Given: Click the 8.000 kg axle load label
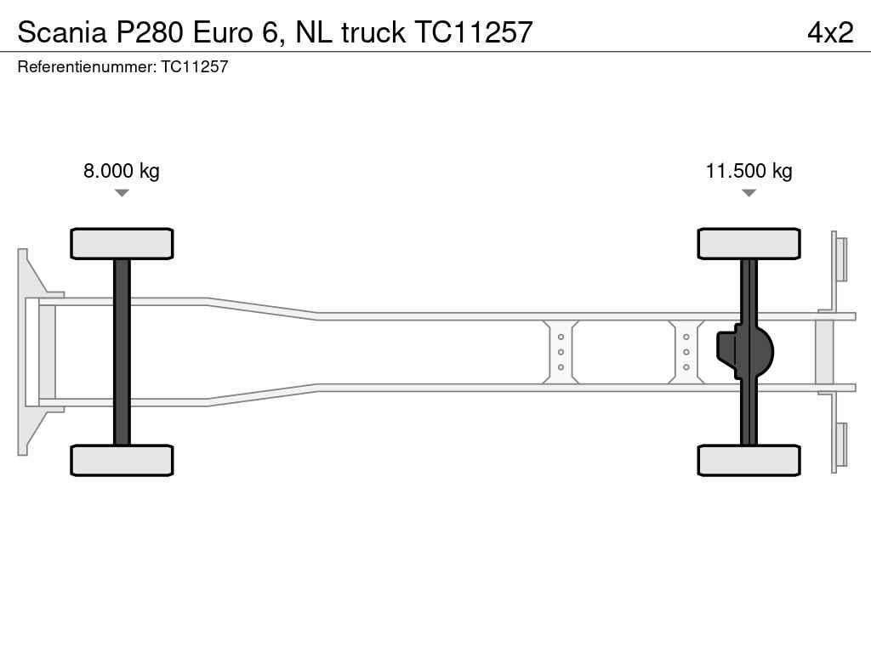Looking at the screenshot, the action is [121, 170].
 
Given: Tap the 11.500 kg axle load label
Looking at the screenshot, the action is [749, 170].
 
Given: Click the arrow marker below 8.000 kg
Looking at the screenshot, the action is [122, 193].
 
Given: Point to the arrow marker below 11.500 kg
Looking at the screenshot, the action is [749, 193].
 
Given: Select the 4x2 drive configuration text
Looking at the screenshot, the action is [830, 32].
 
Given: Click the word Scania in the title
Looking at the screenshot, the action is [61, 32].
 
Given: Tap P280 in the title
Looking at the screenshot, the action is [149, 32].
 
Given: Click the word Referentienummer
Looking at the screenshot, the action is [87, 66].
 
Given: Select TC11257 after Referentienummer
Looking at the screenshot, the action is [195, 66].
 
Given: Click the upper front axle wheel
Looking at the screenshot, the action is [122, 243].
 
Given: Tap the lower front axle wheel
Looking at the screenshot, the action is [122, 460].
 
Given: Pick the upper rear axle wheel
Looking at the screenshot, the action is [749, 243].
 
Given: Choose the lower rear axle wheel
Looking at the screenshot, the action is [749, 460].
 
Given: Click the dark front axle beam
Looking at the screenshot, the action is [122, 352].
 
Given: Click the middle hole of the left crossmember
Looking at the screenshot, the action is [561, 352].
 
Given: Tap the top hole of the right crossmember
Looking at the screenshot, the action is [686, 337].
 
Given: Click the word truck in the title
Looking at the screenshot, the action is [373, 32].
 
